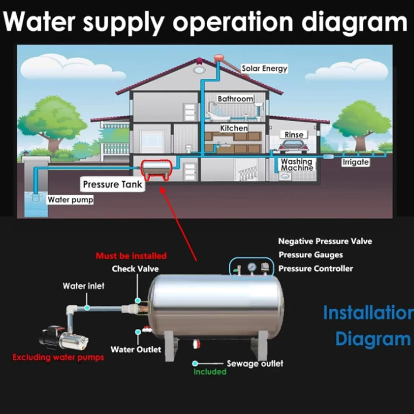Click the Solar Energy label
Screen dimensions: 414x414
(x=264, y=68)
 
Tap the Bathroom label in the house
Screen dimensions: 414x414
(x=235, y=99)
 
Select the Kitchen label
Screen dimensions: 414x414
(x=234, y=128)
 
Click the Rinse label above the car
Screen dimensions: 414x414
(x=294, y=135)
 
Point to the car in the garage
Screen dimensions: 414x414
(x=293, y=147)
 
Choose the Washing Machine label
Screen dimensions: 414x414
(x=297, y=164)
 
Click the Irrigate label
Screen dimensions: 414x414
(x=355, y=162)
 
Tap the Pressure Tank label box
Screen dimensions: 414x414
(x=112, y=184)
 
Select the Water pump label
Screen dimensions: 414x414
(x=70, y=200)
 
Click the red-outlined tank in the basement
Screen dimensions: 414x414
(x=157, y=169)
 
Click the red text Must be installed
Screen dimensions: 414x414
(x=131, y=256)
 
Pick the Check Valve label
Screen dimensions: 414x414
(x=135, y=269)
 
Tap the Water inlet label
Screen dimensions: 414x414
(x=83, y=286)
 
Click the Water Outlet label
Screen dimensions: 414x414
(x=136, y=349)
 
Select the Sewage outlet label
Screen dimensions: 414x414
(x=255, y=363)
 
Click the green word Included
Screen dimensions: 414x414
(x=210, y=372)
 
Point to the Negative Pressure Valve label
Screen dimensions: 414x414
(x=325, y=241)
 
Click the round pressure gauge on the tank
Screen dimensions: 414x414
(x=252, y=267)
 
